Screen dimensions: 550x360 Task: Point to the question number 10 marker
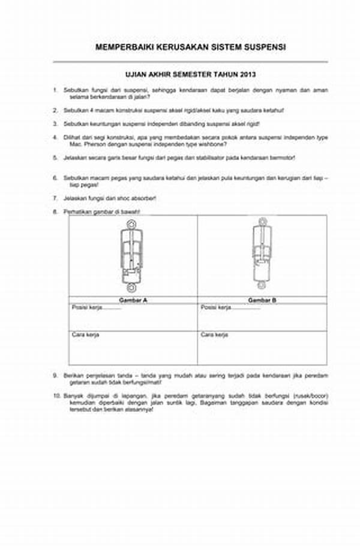(56, 396)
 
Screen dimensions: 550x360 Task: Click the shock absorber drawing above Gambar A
(131, 255)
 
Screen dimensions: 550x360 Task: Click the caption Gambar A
(133, 299)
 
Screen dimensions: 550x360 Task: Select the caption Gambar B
(262, 299)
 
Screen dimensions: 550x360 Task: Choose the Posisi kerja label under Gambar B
(216, 307)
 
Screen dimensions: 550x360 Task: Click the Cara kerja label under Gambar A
(86, 334)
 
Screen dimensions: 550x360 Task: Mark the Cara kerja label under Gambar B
(214, 334)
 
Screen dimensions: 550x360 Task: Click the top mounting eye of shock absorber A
(131, 225)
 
